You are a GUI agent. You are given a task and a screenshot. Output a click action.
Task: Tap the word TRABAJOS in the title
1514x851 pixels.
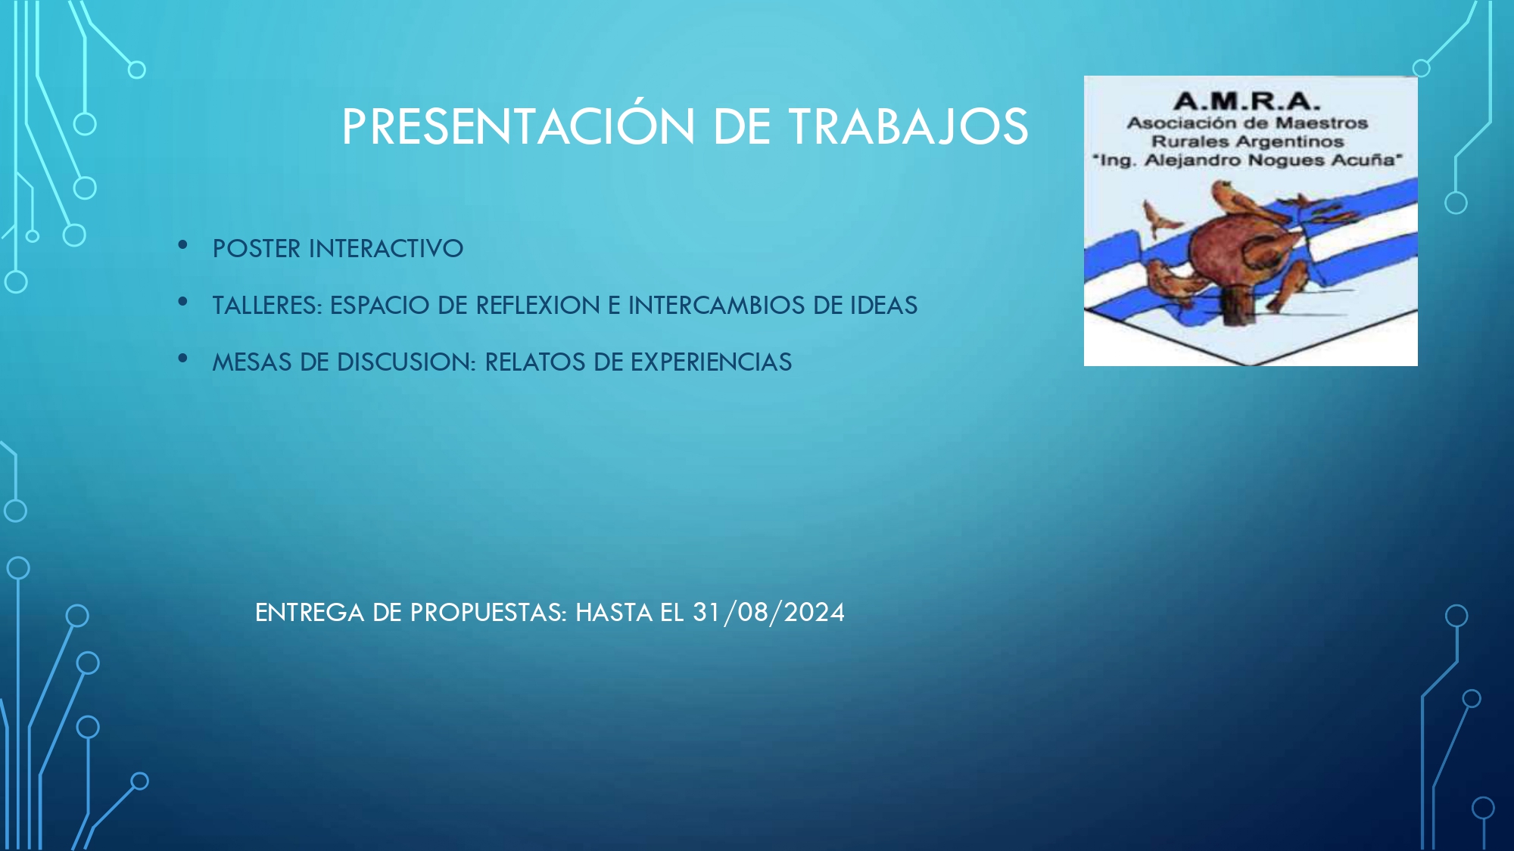pyautogui.click(x=909, y=126)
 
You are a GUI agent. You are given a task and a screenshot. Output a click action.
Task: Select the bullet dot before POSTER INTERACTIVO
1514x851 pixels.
pyautogui.click(x=182, y=244)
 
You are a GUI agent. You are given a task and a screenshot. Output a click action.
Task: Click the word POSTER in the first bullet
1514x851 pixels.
pyautogui.click(x=257, y=248)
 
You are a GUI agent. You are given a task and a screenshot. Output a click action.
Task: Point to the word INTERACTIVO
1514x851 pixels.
pyautogui.click(x=386, y=248)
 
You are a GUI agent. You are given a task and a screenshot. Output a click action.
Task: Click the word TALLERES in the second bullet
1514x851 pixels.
pyautogui.click(x=267, y=305)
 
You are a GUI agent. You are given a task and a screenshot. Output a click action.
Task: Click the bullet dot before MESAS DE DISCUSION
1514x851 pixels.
pyautogui.click(x=182, y=358)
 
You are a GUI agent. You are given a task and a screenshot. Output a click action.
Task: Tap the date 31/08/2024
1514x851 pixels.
pyautogui.click(x=768, y=612)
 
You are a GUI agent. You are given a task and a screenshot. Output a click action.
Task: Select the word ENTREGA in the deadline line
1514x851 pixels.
pyautogui.click(x=310, y=612)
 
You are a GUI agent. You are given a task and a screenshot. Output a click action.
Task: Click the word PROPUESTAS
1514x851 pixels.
pyautogui.click(x=488, y=612)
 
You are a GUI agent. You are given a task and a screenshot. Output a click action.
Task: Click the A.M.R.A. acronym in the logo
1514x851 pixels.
pyautogui.click(x=1247, y=101)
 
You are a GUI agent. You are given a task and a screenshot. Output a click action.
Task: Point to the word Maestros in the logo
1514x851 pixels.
pyautogui.click(x=1322, y=123)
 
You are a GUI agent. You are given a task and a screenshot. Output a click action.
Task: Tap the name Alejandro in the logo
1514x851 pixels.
pyautogui.click(x=1192, y=160)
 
